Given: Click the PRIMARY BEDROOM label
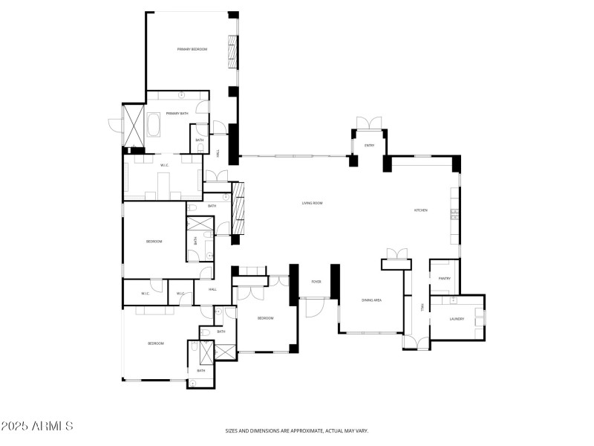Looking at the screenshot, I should coord(192,49).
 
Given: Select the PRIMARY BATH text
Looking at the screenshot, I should coord(177,113).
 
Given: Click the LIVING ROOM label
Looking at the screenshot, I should coord(312,203).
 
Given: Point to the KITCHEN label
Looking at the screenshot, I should coord(420,210).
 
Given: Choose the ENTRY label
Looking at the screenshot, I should coord(369,145).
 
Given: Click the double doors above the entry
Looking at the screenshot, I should coord(369,123).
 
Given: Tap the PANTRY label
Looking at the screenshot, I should coord(445,279).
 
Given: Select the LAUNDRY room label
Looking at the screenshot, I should coord(457,319).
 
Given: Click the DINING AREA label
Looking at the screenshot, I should coord(371,300).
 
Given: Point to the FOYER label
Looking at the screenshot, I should coord(316,282).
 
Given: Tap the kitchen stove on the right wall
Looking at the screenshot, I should coord(454,215).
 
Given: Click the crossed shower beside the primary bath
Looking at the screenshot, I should coord(134,125).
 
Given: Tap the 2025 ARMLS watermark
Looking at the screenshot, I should coord(37,427).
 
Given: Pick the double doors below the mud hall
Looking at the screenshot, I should coord(416,342).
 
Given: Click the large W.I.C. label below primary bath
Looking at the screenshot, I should coord(165,165).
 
